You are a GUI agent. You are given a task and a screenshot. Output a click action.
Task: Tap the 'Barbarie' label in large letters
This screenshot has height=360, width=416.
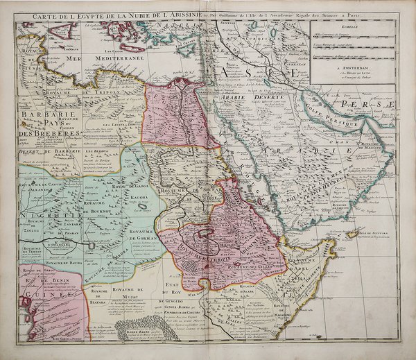pos(42,115)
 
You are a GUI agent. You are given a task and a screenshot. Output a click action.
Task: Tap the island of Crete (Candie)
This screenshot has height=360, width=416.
pos(125,31)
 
